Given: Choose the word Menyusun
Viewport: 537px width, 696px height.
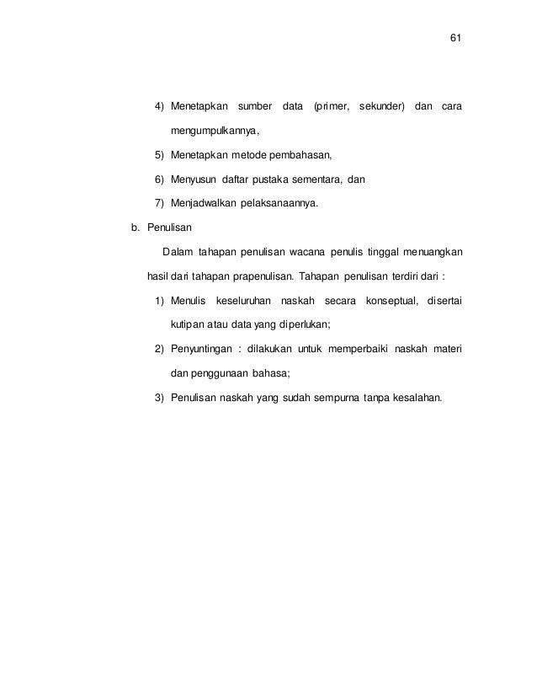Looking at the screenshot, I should [x=194, y=179].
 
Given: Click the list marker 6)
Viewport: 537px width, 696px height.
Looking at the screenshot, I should [x=159, y=179].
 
